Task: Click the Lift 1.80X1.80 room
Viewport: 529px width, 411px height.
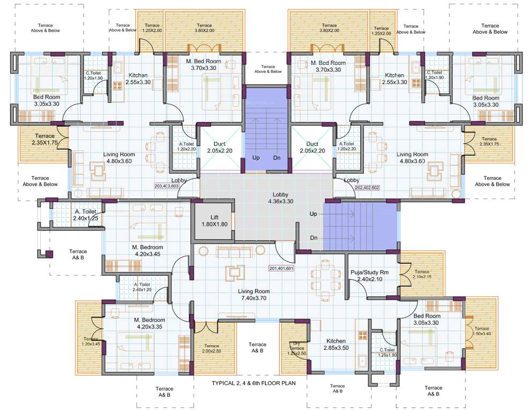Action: point(214,220)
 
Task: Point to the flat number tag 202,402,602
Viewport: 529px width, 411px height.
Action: point(367,188)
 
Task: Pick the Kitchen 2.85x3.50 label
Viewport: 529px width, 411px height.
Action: point(336,344)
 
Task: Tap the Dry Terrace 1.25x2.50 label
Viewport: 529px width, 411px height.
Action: point(296,348)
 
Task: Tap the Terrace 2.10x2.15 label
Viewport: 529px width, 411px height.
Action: point(422,275)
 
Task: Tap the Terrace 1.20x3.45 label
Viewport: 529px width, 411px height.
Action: point(91,341)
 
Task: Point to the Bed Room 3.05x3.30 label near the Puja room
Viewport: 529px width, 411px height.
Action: point(427,319)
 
